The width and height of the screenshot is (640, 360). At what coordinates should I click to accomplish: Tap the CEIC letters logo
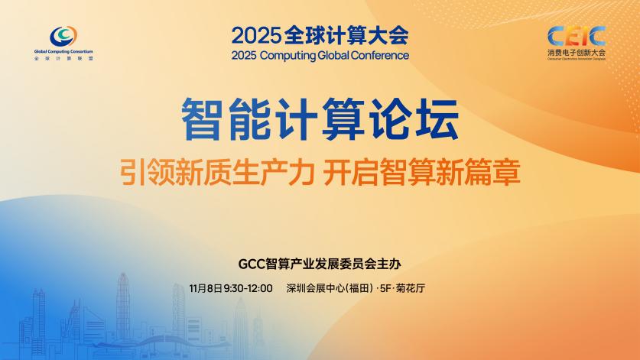577,35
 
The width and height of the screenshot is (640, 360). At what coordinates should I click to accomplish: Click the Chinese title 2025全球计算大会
320,35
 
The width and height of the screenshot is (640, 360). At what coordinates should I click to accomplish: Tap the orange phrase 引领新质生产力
217,172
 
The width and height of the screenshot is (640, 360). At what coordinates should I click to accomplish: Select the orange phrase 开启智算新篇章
421,172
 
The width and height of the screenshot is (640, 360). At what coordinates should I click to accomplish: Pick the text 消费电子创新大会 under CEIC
576,53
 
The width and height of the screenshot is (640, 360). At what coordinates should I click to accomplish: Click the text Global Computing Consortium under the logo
63,53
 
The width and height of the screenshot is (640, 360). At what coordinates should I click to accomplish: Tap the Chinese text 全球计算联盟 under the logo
63,59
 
